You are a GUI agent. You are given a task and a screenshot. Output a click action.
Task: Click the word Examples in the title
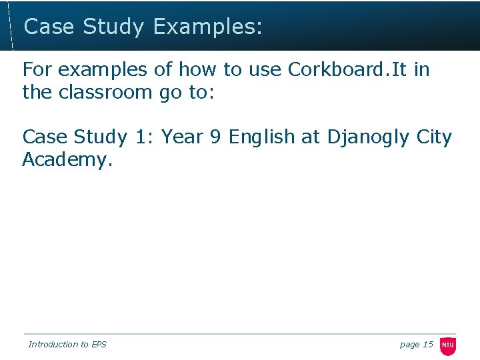tap(207, 27)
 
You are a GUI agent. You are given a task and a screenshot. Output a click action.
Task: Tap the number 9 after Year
tap(215, 137)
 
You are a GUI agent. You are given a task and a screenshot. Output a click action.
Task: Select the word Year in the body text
tap(183, 137)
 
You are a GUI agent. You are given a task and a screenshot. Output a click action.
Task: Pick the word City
tap(434, 137)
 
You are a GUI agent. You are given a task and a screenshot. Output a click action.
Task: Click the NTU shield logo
tap(448, 345)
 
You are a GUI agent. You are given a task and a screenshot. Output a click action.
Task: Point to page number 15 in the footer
tap(428, 345)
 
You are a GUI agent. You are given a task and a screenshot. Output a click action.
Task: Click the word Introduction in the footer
tap(53, 345)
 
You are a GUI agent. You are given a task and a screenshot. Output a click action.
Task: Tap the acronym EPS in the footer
tap(99, 345)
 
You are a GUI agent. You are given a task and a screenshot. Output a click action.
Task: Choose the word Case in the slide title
tap(49, 27)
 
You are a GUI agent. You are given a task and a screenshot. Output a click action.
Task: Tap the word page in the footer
tap(409, 345)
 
